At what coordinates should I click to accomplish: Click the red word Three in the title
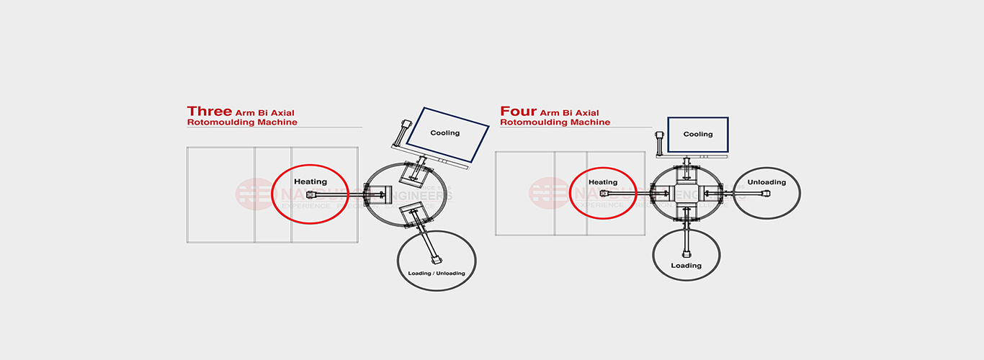pos(210,112)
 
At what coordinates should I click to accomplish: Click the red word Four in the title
pos(519,112)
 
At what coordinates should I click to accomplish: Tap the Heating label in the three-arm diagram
pos(310,181)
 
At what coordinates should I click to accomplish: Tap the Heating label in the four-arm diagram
pos(603,182)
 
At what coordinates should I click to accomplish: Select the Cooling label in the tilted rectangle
pos(444,133)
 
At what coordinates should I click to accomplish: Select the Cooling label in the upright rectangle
pos(697,134)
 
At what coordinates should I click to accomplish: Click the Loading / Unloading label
pos(437,273)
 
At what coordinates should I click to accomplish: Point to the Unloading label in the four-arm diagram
pos(766,182)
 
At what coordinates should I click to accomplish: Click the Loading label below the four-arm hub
pos(686,266)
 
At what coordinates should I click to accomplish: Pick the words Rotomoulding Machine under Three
pos(241,122)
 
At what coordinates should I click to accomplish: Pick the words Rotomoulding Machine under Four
pos(555,122)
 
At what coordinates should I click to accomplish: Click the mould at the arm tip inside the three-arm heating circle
pos(312,194)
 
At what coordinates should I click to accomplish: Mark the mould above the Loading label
pos(686,251)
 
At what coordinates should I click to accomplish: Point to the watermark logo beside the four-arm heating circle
pos(548,193)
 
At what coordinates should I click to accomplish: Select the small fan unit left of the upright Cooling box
pos(659,142)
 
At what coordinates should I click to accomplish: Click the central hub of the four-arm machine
pos(686,193)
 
